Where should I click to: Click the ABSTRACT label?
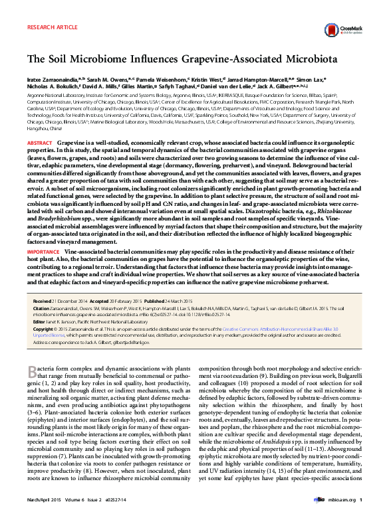(x=40, y=143)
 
